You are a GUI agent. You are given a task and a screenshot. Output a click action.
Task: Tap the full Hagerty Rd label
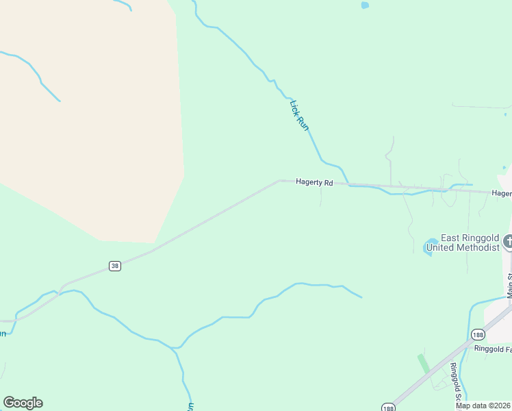(x=314, y=183)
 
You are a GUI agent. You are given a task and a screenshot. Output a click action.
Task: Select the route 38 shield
(x=115, y=266)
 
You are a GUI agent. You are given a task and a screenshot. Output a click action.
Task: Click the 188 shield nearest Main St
(x=478, y=334)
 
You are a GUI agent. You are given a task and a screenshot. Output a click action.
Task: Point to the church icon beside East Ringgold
(x=508, y=241)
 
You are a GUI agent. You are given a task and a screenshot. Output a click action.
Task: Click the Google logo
(x=23, y=403)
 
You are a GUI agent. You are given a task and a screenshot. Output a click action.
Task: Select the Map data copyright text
(x=483, y=406)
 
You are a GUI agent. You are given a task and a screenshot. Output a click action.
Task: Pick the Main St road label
(x=509, y=284)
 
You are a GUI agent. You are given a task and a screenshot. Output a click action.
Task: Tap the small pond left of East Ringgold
(x=431, y=246)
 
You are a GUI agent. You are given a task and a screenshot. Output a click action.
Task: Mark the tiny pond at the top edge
(x=365, y=5)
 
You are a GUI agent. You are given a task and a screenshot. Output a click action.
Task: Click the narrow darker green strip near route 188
(x=424, y=364)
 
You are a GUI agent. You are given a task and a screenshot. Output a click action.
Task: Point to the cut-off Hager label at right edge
(x=502, y=194)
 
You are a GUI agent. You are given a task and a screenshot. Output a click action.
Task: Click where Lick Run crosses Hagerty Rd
(x=348, y=184)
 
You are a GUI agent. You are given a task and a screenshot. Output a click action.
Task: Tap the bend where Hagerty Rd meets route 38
(x=279, y=181)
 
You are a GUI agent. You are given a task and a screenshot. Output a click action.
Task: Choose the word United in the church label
(x=441, y=247)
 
